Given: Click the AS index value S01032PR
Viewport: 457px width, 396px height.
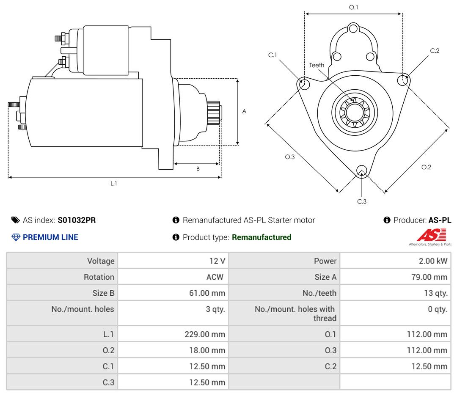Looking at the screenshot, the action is click(77, 220).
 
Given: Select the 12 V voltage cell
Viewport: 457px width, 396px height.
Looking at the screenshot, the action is click(217, 261).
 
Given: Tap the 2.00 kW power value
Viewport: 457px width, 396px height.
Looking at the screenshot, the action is click(433, 261).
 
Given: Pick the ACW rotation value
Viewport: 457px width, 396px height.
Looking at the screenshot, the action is click(215, 277).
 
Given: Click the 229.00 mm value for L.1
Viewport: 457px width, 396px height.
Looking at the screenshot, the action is click(205, 334).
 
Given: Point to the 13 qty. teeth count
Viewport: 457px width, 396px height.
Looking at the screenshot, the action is click(435, 293).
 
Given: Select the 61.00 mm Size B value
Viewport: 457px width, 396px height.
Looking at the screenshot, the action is click(207, 293).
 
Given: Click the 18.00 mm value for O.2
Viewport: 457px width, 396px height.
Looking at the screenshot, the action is click(207, 350).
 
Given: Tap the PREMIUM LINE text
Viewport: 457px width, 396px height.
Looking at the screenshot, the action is click(50, 237).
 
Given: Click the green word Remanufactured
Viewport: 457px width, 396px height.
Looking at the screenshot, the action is click(262, 237).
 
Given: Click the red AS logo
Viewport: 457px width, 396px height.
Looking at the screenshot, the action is click(431, 235).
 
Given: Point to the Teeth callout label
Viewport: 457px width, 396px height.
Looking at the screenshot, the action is click(317, 65).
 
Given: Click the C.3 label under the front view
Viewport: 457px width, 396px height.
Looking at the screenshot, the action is click(362, 201).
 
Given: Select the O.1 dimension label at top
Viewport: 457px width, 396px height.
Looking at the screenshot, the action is click(353, 7).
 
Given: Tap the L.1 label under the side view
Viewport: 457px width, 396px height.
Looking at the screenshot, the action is click(113, 183).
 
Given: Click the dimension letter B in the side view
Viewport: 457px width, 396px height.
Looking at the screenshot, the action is click(198, 169).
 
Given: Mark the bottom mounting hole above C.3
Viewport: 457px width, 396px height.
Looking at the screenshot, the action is click(362, 171).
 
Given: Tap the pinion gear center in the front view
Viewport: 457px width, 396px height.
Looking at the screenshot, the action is click(355, 112).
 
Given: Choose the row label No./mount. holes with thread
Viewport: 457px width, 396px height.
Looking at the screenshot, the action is click(295, 313).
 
